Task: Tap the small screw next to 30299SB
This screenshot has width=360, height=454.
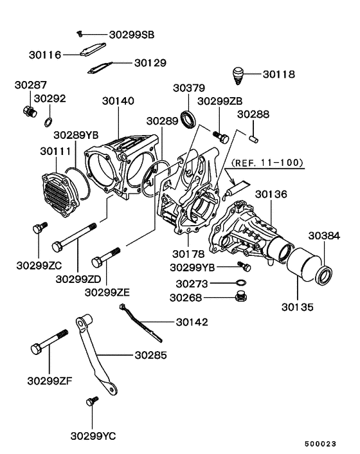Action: (79, 33)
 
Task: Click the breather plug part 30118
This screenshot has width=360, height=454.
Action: (239, 75)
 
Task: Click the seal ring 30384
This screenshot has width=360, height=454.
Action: (326, 275)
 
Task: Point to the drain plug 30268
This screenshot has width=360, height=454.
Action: (241, 296)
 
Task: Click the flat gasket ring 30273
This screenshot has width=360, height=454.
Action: (240, 283)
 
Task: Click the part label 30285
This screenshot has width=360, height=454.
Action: (150, 354)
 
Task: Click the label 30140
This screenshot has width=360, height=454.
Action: (119, 101)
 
